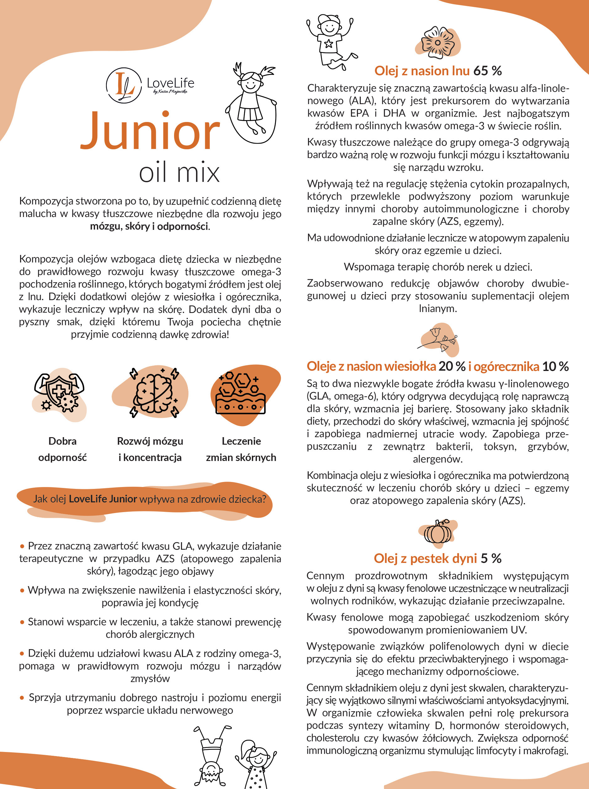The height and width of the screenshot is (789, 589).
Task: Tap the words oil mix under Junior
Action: (179, 173)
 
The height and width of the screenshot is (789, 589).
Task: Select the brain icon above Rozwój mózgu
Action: (154, 392)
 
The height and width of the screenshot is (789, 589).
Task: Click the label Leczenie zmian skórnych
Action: (241, 449)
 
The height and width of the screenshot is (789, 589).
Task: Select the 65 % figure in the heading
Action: (487, 71)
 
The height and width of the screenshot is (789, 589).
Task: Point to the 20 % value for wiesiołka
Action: (452, 366)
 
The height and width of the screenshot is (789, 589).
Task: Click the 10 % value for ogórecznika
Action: (555, 366)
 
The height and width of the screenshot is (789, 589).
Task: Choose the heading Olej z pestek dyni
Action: (425, 558)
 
